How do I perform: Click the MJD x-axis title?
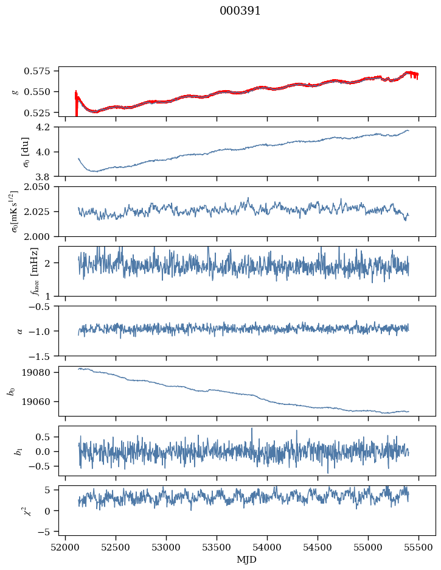[247, 559]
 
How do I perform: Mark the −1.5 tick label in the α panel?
[44, 355]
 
